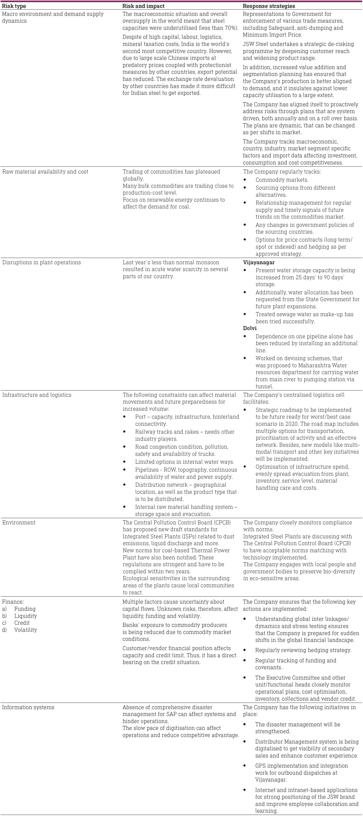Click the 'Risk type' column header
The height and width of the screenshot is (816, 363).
coord(14,6)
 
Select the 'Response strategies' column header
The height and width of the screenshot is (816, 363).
coord(269,6)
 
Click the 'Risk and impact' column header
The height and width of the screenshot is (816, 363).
coord(143,6)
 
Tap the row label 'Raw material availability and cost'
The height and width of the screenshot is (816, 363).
coord(45,172)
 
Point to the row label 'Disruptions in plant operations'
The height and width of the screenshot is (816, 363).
coord(42,262)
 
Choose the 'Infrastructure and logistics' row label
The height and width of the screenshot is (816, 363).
coord(37,395)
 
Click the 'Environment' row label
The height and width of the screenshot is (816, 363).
coord(19,522)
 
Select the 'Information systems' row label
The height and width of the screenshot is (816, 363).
coord(28,707)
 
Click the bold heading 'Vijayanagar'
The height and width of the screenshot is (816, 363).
coord(259,262)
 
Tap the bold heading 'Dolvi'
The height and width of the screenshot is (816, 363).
coord(250,328)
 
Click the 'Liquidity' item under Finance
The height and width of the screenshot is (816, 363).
coord(25,616)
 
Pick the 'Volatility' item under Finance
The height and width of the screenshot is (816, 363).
coord(25,630)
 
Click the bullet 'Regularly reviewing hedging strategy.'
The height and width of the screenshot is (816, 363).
coord(303,650)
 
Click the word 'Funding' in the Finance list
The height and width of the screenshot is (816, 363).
coord(25,609)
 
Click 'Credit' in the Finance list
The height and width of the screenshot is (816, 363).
coord(22,623)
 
